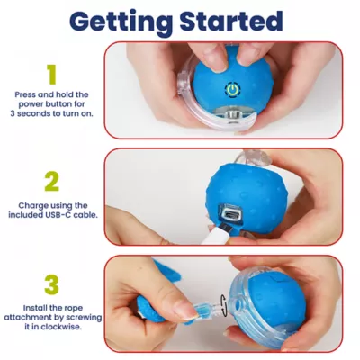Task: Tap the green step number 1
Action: coord(51,74)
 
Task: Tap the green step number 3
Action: coord(51,284)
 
